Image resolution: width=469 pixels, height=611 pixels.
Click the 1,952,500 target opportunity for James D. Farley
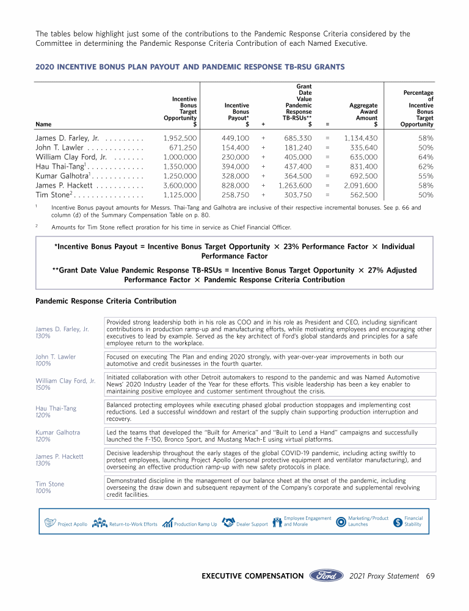[x=180, y=139]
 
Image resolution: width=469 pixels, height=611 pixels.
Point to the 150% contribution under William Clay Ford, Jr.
[x=43, y=387]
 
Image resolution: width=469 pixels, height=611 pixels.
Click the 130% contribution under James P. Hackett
[x=43, y=463]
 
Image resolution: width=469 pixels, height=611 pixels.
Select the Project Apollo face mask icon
[x=50, y=523]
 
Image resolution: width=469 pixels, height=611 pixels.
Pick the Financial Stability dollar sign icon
[x=398, y=522]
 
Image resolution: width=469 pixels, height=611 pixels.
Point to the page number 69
[x=430, y=576]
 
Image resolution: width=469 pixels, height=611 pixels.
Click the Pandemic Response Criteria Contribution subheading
[x=106, y=301]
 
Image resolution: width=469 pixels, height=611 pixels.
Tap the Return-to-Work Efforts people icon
[x=100, y=523]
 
